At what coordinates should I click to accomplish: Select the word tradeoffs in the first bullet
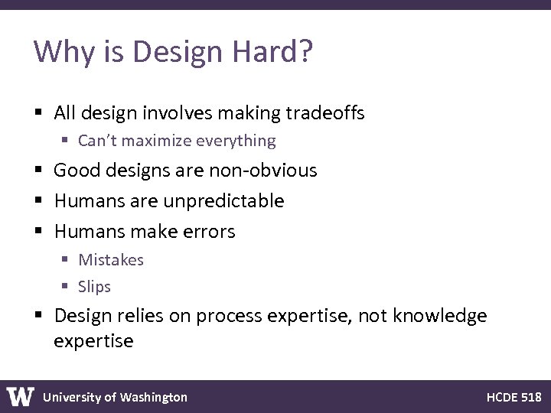325,114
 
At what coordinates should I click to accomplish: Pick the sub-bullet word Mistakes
111,260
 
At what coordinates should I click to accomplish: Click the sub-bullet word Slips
95,287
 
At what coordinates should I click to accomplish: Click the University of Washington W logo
21,396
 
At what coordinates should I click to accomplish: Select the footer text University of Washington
115,397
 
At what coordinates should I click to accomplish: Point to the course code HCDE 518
514,397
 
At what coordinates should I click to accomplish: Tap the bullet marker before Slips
66,288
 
